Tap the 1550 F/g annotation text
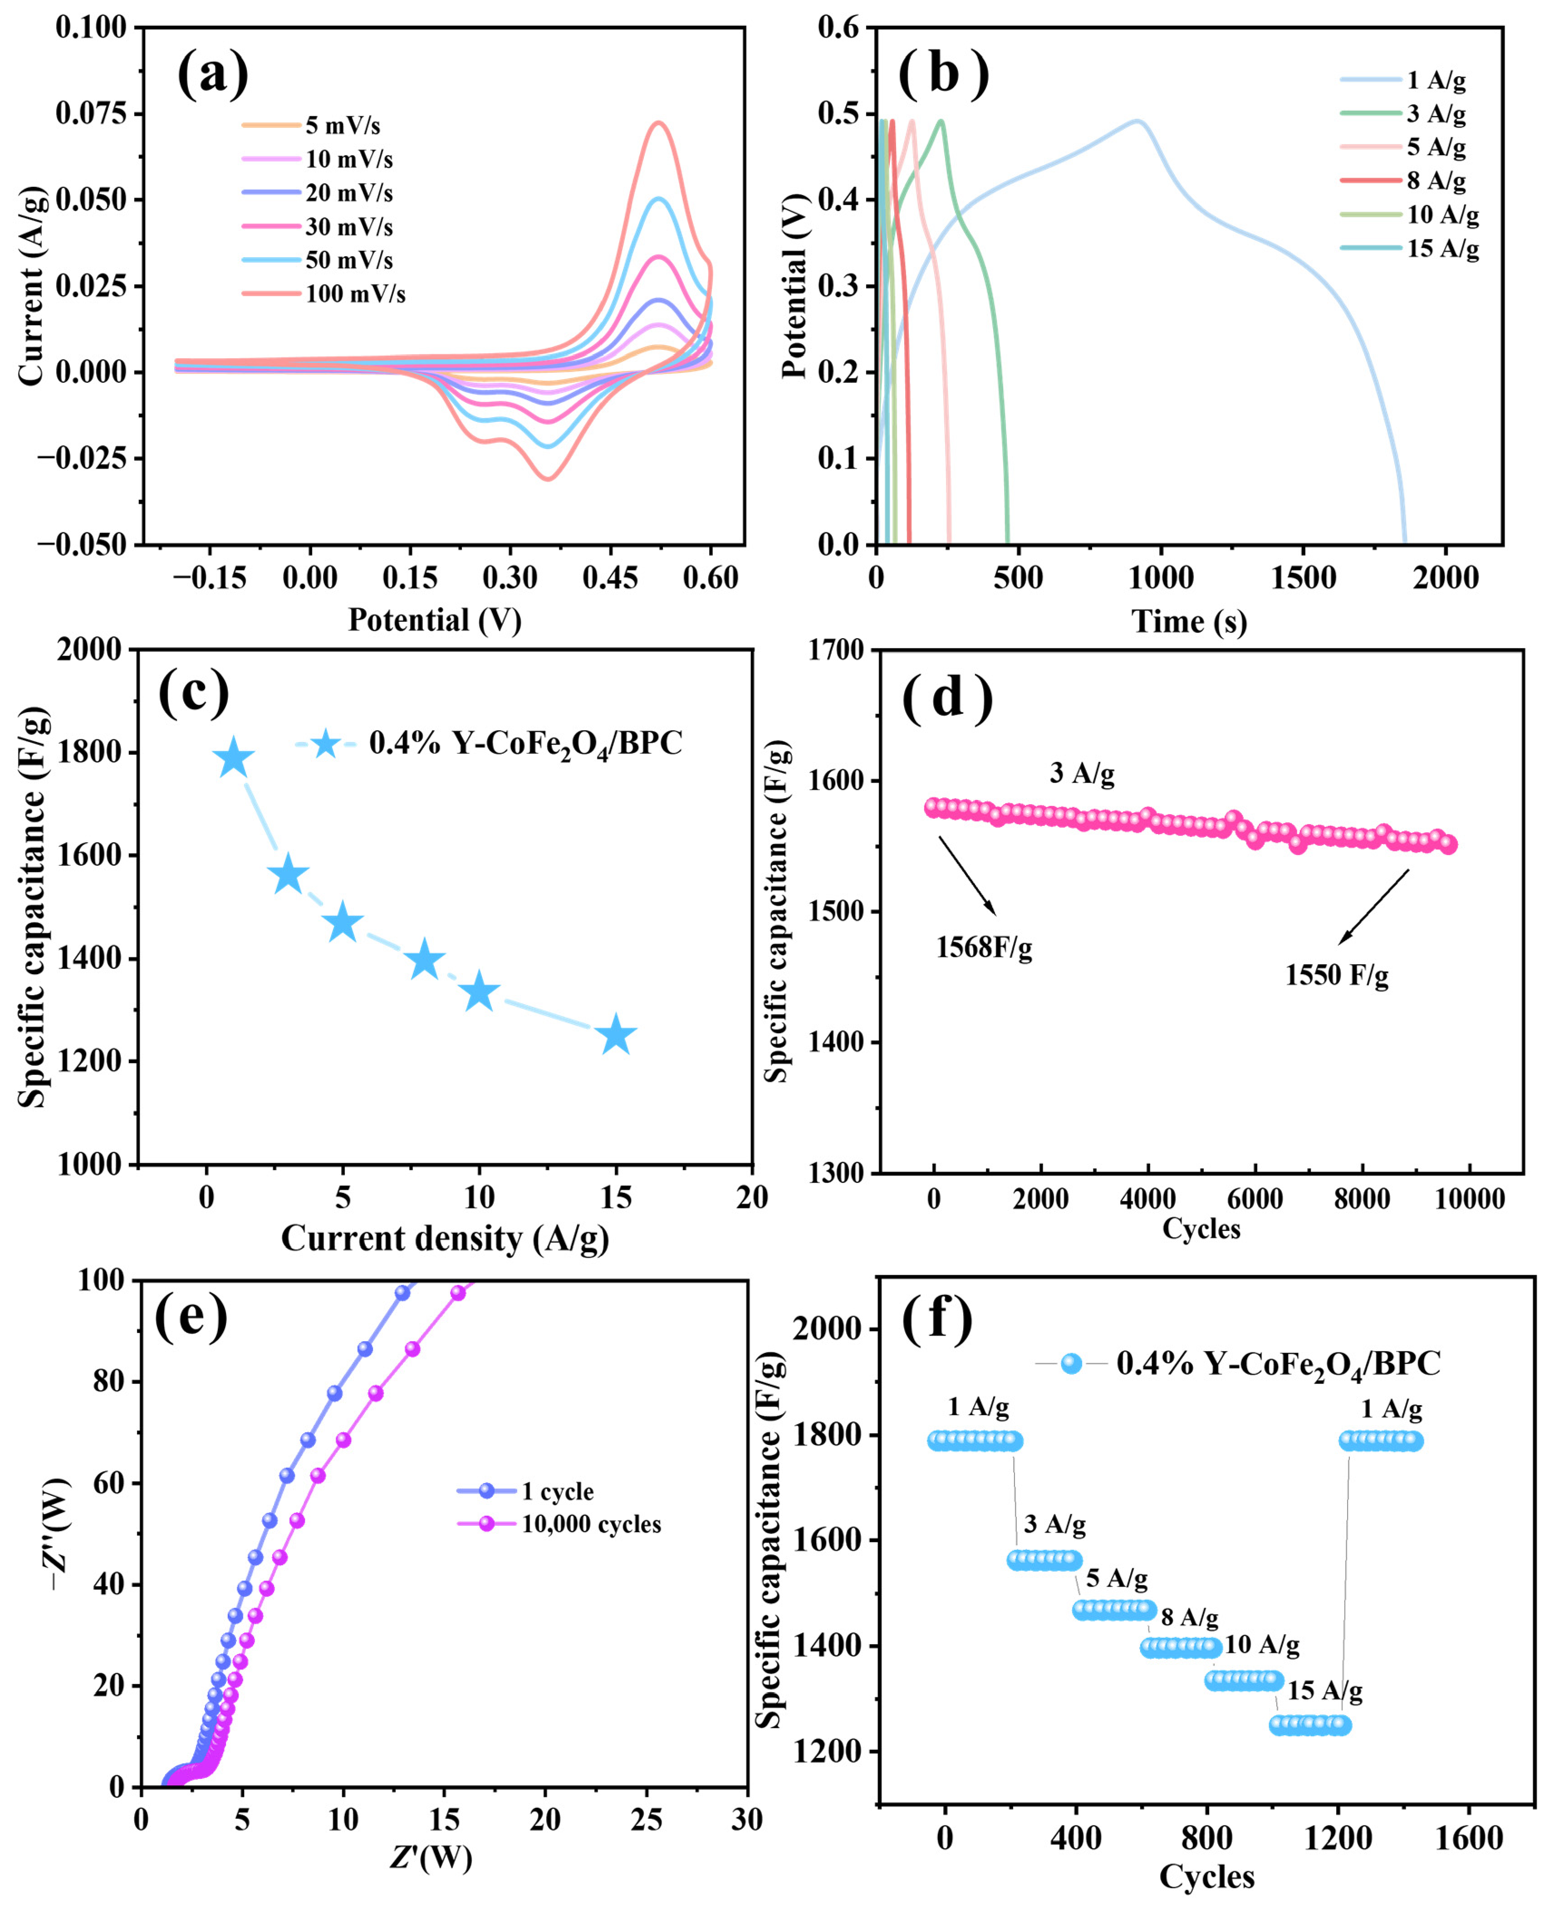tap(1337, 975)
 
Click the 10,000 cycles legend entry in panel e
tap(559, 1523)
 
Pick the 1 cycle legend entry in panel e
tap(525, 1491)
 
